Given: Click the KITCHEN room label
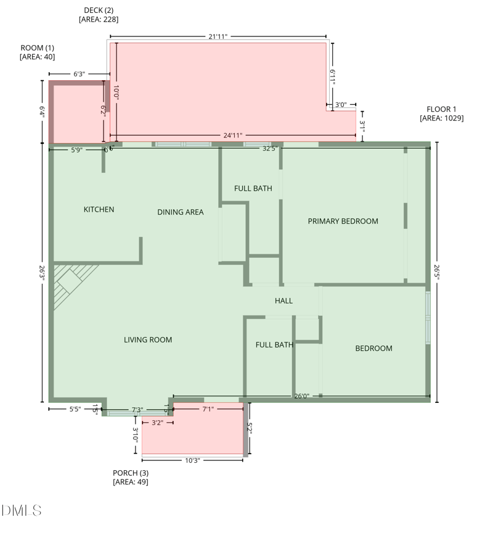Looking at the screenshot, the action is point(99,210).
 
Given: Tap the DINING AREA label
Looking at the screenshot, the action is point(180,212).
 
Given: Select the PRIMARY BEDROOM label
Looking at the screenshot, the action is point(343,221).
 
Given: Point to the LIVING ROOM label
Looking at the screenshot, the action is point(147,340).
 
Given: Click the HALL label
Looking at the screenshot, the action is point(283,301).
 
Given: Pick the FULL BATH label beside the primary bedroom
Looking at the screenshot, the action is point(253,188).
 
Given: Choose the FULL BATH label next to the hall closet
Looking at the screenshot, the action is point(274,345).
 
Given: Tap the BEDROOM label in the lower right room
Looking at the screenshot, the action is point(373,349).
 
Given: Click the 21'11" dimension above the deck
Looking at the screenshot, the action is point(218,36).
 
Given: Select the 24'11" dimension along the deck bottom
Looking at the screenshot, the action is point(233,136).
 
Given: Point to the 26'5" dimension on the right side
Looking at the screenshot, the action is point(437,272).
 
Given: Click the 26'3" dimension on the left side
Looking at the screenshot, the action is point(42,272).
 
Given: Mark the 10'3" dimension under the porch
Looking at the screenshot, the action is point(192,460).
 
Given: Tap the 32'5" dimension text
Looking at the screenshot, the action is point(270,149).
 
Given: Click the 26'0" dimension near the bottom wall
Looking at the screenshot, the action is point(301,396).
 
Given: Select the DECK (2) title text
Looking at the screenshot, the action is point(99,10).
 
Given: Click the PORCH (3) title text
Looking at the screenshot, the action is point(131,473).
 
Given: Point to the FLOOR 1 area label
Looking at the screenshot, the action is point(441,109).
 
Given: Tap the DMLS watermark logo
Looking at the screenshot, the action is point(22,510).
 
